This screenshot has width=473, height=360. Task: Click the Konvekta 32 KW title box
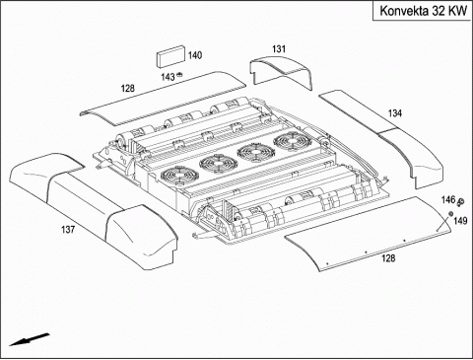tap(422, 11)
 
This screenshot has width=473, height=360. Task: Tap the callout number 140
tap(195, 55)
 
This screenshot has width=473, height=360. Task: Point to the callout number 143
tap(168, 77)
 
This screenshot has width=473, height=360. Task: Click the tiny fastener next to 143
tap(179, 75)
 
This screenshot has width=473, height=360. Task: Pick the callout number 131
tap(279, 49)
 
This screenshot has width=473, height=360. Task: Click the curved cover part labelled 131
tap(281, 72)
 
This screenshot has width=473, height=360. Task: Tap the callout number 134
tap(395, 113)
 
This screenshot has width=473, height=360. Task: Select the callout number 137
tap(68, 230)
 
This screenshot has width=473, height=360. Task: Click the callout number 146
tap(448, 199)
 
